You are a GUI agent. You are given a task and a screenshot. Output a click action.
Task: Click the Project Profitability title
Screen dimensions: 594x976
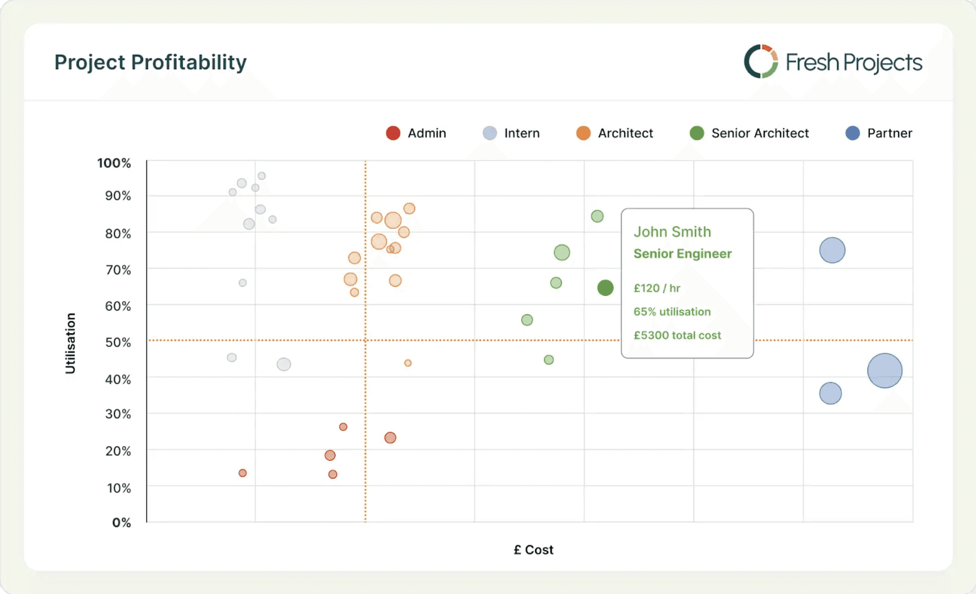(150, 62)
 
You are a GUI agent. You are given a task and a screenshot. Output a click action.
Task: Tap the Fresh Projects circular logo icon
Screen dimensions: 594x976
(761, 61)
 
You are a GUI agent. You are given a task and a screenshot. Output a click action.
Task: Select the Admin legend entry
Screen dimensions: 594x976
(416, 133)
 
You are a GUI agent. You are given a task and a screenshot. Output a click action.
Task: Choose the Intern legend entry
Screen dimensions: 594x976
(511, 133)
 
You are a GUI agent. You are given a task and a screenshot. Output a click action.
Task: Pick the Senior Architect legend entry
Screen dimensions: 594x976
(749, 133)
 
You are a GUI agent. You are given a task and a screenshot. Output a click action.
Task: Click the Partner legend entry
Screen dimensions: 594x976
(879, 133)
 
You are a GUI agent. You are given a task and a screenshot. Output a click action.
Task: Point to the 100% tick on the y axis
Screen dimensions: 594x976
(114, 163)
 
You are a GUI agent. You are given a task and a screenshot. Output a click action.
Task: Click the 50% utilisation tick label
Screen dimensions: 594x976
(118, 342)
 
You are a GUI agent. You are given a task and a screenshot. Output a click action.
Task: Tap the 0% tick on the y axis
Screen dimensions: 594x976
(122, 523)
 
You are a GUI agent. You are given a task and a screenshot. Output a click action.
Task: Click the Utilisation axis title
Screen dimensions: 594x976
(70, 343)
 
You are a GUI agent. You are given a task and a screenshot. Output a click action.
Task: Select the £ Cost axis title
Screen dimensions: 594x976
(533, 550)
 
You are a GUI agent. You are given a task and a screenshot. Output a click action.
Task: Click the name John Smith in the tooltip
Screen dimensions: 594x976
(672, 232)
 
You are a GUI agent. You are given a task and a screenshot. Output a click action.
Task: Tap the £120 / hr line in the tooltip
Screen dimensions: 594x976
(657, 288)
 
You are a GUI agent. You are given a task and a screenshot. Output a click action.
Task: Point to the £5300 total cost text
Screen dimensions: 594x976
(677, 335)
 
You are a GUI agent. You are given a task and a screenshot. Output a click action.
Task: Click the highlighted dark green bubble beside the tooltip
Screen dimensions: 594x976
(605, 288)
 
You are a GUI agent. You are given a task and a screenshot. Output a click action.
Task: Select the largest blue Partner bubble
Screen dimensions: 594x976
(884, 371)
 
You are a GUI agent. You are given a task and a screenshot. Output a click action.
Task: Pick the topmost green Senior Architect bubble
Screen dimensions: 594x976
(597, 216)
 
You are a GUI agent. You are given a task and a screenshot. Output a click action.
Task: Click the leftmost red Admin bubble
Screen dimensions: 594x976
(243, 473)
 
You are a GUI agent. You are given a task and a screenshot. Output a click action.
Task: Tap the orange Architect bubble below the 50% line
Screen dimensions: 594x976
(408, 363)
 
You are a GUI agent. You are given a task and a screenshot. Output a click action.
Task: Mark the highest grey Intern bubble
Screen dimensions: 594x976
(262, 176)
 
